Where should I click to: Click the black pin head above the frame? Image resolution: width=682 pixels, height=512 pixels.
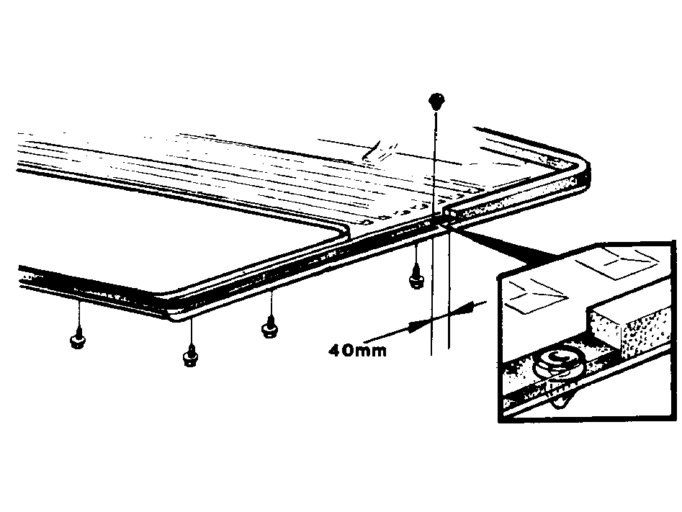pyautogui.click(x=436, y=101)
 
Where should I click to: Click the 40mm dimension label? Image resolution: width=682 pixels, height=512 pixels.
pyautogui.click(x=357, y=350)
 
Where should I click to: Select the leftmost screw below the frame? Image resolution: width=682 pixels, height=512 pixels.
pyautogui.click(x=78, y=341)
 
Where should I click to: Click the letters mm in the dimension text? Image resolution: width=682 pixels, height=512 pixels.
pyautogui.click(x=372, y=351)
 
